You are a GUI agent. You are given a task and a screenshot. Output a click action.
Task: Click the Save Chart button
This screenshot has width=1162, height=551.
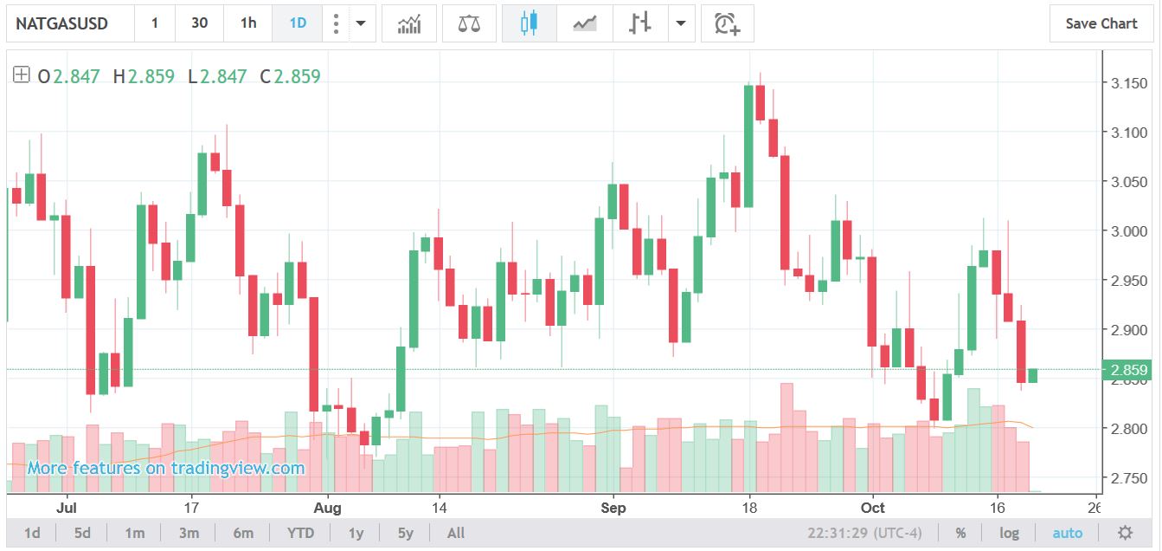coord(1101,23)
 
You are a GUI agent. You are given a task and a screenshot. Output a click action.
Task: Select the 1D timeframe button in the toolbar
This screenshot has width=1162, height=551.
coord(298,23)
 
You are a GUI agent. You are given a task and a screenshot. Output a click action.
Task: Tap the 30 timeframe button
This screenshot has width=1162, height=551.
coord(199,23)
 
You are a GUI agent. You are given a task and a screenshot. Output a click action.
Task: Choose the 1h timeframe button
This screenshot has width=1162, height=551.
coord(248,23)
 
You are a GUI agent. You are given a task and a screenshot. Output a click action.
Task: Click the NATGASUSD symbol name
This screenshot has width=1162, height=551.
coord(62,23)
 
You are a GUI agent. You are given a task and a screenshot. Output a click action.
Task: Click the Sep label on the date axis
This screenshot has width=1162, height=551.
coord(613,508)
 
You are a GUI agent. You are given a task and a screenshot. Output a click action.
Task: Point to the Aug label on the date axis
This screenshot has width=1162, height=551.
coord(327,508)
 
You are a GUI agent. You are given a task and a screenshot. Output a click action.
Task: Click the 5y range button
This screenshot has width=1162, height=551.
coord(406,533)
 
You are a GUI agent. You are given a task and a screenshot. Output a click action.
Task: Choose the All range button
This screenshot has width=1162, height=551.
coord(456,533)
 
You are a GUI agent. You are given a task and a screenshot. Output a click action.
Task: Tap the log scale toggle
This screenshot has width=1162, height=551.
coord(1009,533)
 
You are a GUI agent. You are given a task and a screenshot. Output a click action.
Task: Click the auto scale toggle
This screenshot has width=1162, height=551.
coord(1067,533)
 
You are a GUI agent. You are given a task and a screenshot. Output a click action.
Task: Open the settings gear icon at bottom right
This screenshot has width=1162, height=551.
coord(1125,533)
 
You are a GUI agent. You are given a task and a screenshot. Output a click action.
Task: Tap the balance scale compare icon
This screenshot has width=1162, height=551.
coord(469,23)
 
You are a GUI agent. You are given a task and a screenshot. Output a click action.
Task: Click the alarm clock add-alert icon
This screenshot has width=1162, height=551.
coord(727,23)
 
